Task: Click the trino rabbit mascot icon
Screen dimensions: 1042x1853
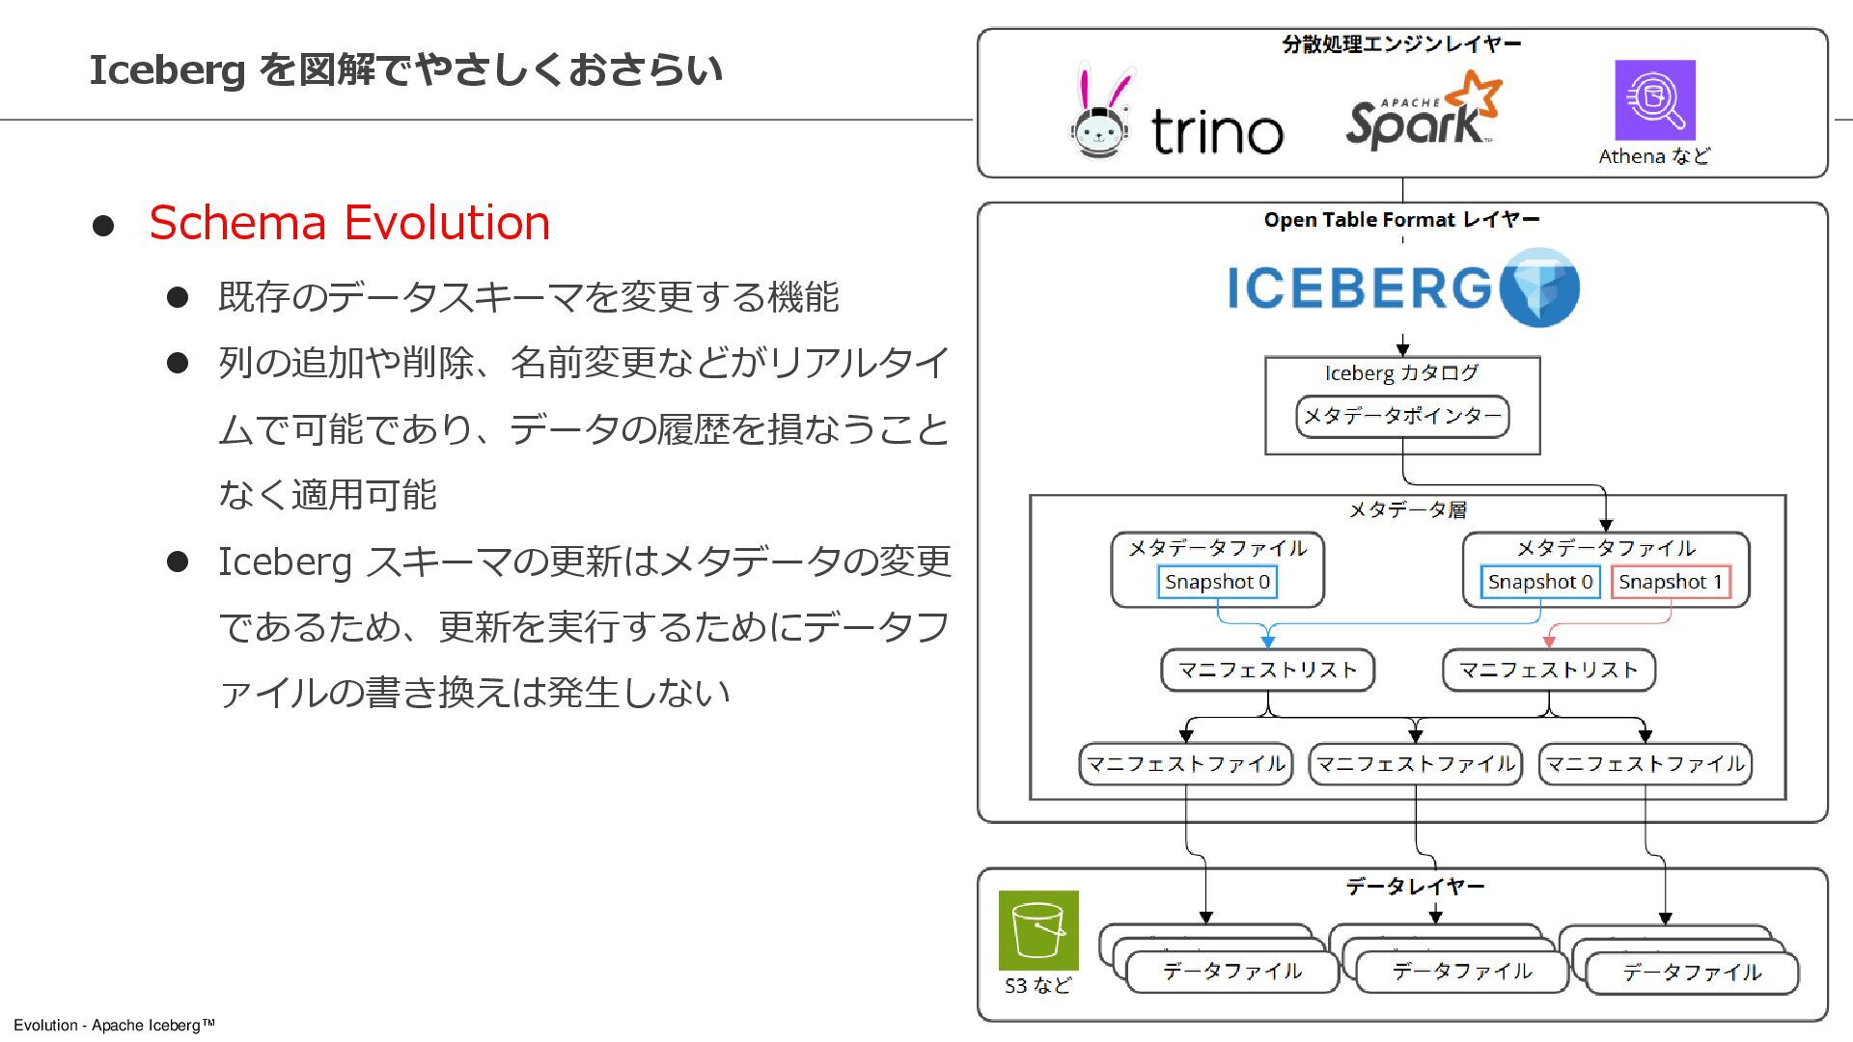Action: (x=1101, y=113)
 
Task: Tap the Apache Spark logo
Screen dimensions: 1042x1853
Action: (x=1423, y=111)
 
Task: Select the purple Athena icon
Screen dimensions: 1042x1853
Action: (x=1654, y=100)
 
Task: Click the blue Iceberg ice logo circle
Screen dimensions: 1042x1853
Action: (x=1540, y=288)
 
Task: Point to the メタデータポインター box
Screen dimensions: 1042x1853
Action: (x=1401, y=416)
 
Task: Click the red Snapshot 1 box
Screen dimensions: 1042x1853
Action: (x=1671, y=582)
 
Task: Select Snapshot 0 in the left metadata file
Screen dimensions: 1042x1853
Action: (x=1217, y=582)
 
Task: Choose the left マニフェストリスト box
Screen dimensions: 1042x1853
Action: (x=1267, y=671)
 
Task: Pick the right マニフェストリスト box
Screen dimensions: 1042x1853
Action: (x=1548, y=671)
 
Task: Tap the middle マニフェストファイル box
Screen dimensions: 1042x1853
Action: (x=1415, y=764)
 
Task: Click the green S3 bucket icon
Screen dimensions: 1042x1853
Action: (x=1037, y=930)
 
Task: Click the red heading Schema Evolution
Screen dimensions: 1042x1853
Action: (x=349, y=223)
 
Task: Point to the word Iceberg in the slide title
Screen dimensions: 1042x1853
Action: (x=167, y=70)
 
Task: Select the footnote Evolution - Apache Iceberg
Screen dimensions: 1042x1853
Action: (x=114, y=1025)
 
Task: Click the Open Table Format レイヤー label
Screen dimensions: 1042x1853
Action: (x=1401, y=220)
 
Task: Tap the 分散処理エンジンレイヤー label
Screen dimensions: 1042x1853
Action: (x=1401, y=44)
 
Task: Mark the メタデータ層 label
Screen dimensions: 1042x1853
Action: (x=1406, y=509)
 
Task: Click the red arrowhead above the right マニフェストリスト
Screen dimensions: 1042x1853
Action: (x=1549, y=642)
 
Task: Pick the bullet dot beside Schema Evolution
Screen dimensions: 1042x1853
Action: (x=103, y=226)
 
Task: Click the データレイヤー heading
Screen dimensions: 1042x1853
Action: (x=1415, y=886)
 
